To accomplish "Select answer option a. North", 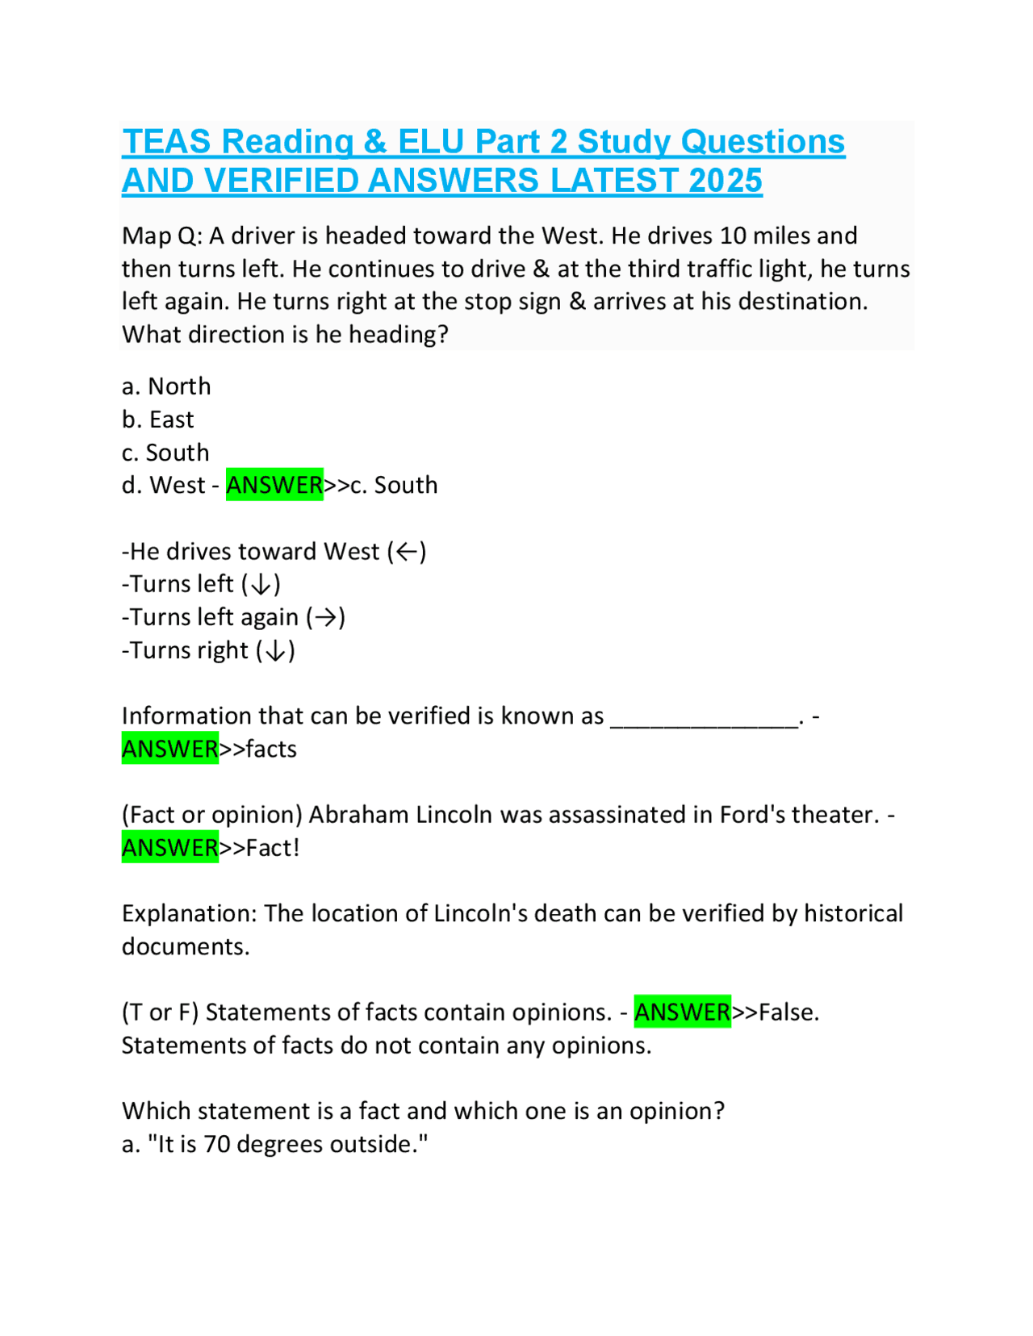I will pos(166,386).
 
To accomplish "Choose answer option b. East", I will pos(158,420).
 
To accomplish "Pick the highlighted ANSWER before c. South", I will pos(274,485).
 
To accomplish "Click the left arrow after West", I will pos(407,552).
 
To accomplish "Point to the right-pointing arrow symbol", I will pos(325,618).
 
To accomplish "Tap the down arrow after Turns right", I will pos(275,651).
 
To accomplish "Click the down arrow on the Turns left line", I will pos(261,585).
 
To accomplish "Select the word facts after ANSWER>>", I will pos(271,749).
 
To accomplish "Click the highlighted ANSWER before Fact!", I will pos(170,848).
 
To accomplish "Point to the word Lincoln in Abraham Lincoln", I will pos(454,815).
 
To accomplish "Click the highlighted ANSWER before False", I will pos(683,1012).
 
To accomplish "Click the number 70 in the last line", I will pos(216,1144).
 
